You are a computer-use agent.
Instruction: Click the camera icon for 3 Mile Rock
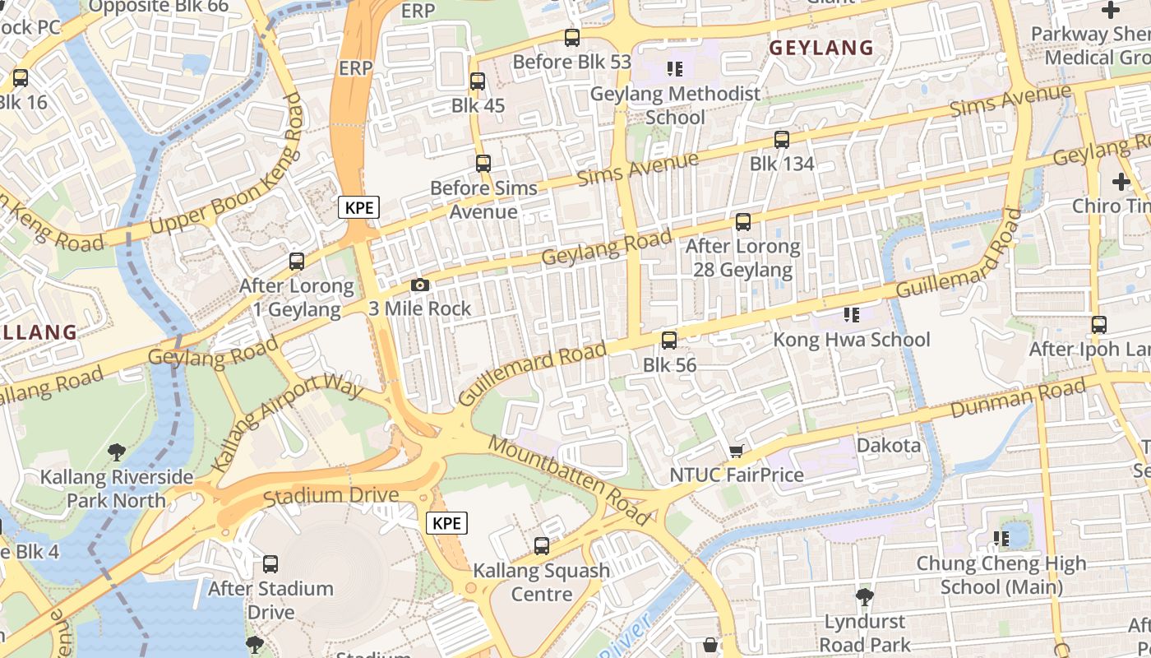pyautogui.click(x=420, y=285)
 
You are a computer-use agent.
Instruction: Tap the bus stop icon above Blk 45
pyautogui.click(x=478, y=81)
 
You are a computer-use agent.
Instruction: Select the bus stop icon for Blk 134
pyautogui.click(x=781, y=140)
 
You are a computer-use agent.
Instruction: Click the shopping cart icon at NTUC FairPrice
pyautogui.click(x=736, y=451)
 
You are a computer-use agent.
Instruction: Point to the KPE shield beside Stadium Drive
pyautogui.click(x=446, y=523)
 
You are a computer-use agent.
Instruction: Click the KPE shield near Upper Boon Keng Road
pyautogui.click(x=359, y=207)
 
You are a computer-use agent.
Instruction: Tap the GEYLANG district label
pyautogui.click(x=820, y=49)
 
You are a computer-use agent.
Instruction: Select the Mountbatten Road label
pyautogui.click(x=569, y=480)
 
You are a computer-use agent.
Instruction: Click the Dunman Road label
pyautogui.click(x=1018, y=399)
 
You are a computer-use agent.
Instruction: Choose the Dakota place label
pyautogui.click(x=889, y=446)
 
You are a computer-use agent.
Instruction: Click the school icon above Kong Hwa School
pyautogui.click(x=852, y=315)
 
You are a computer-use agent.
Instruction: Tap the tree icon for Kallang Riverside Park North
pyautogui.click(x=117, y=452)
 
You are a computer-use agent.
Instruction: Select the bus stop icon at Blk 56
pyautogui.click(x=669, y=340)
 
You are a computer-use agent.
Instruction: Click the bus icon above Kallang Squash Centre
pyautogui.click(x=541, y=545)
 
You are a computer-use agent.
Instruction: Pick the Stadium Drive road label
pyautogui.click(x=331, y=496)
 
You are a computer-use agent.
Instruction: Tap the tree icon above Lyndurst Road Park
pyautogui.click(x=863, y=596)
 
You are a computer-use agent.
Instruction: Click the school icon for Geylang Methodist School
pyautogui.click(x=675, y=69)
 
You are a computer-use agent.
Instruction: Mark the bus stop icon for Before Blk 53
pyautogui.click(x=571, y=38)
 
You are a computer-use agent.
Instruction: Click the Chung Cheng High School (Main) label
pyautogui.click(x=1001, y=575)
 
